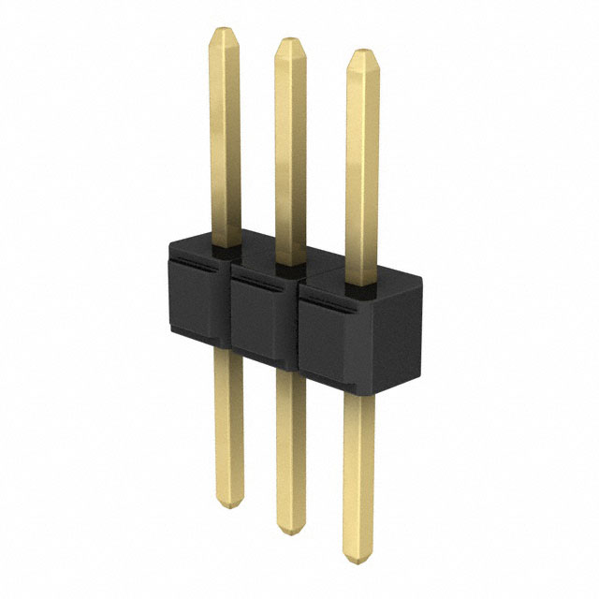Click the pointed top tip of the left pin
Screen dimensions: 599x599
(x=224, y=31)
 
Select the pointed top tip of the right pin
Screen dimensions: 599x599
(x=361, y=53)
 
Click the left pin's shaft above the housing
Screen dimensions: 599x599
(x=225, y=140)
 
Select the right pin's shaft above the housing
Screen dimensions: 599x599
(x=361, y=168)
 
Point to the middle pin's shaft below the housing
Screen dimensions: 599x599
(x=291, y=449)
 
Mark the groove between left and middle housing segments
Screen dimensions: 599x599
(x=227, y=309)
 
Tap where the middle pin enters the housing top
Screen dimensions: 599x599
(x=289, y=265)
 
